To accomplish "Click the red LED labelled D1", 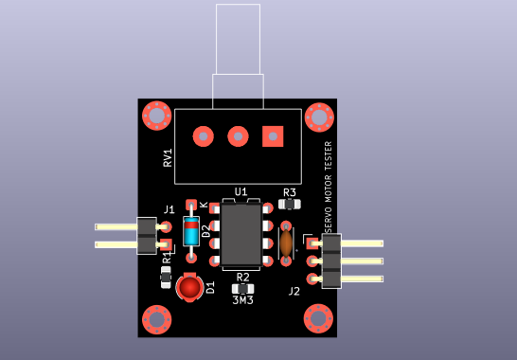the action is coord(190,287).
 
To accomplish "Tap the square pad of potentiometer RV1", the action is coord(273,136).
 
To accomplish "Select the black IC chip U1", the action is coord(241,235).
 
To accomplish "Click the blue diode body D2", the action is coord(191,231).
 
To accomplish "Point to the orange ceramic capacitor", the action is coord(286,243).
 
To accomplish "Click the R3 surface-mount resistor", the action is coord(290,205).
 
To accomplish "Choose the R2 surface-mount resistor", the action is coord(243,289).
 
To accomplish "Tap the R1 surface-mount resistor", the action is coord(166,277).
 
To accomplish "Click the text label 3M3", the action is coord(243,300).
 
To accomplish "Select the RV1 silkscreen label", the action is coord(168,157).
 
